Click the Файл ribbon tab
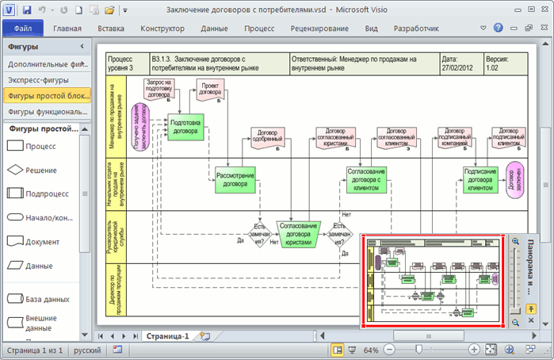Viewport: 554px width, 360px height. (22, 29)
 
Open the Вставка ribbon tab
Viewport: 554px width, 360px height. (110, 29)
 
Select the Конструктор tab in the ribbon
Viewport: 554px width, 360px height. (162, 29)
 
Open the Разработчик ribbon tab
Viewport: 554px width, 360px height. (416, 29)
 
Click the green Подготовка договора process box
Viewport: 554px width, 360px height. (185, 127)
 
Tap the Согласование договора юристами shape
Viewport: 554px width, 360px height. (298, 231)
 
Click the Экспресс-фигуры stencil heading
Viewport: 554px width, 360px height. (40, 80)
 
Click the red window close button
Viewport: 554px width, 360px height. (539, 10)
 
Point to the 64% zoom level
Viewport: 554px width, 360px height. (370, 350)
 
